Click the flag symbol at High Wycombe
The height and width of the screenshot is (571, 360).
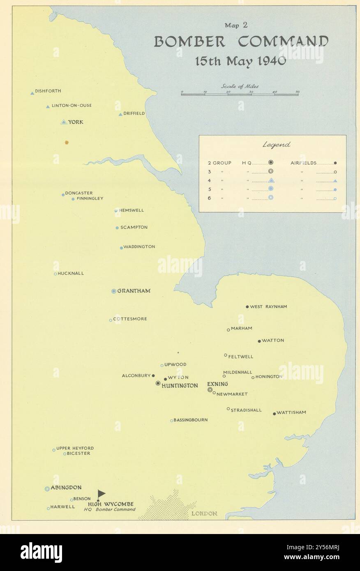[101, 494]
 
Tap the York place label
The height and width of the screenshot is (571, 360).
[76, 122]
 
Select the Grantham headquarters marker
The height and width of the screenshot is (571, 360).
[114, 291]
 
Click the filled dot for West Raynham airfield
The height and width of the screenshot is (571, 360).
[247, 307]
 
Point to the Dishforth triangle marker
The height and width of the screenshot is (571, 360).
[32, 93]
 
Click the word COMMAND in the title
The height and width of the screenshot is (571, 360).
[284, 42]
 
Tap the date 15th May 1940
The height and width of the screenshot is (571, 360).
[240, 61]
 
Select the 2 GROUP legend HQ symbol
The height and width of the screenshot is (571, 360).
[271, 163]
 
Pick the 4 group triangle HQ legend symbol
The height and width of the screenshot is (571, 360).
[271, 180]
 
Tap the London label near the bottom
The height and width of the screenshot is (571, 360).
[204, 513]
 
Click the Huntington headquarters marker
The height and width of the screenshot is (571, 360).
[158, 383]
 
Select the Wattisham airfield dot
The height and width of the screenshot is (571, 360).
[275, 414]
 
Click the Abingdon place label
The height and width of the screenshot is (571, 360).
[66, 488]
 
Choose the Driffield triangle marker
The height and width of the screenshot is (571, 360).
[120, 114]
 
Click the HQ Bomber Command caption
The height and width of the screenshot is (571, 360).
[109, 510]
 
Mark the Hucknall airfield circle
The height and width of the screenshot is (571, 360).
[55, 274]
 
